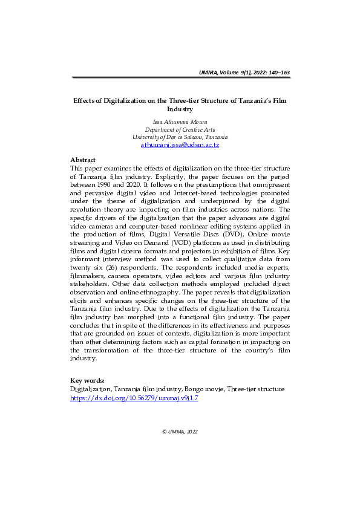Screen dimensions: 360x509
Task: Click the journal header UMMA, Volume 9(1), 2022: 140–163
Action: (244, 73)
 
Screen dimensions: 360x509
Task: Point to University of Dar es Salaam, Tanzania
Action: (180, 137)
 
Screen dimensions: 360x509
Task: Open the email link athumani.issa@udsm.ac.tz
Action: (180, 146)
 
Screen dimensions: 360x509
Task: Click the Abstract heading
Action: (83, 160)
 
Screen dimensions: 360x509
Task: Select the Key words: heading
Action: (88, 380)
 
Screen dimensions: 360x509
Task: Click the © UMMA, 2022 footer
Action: (180, 432)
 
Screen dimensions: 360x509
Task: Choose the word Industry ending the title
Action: (179, 110)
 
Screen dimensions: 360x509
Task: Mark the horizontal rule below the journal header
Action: (180, 79)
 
